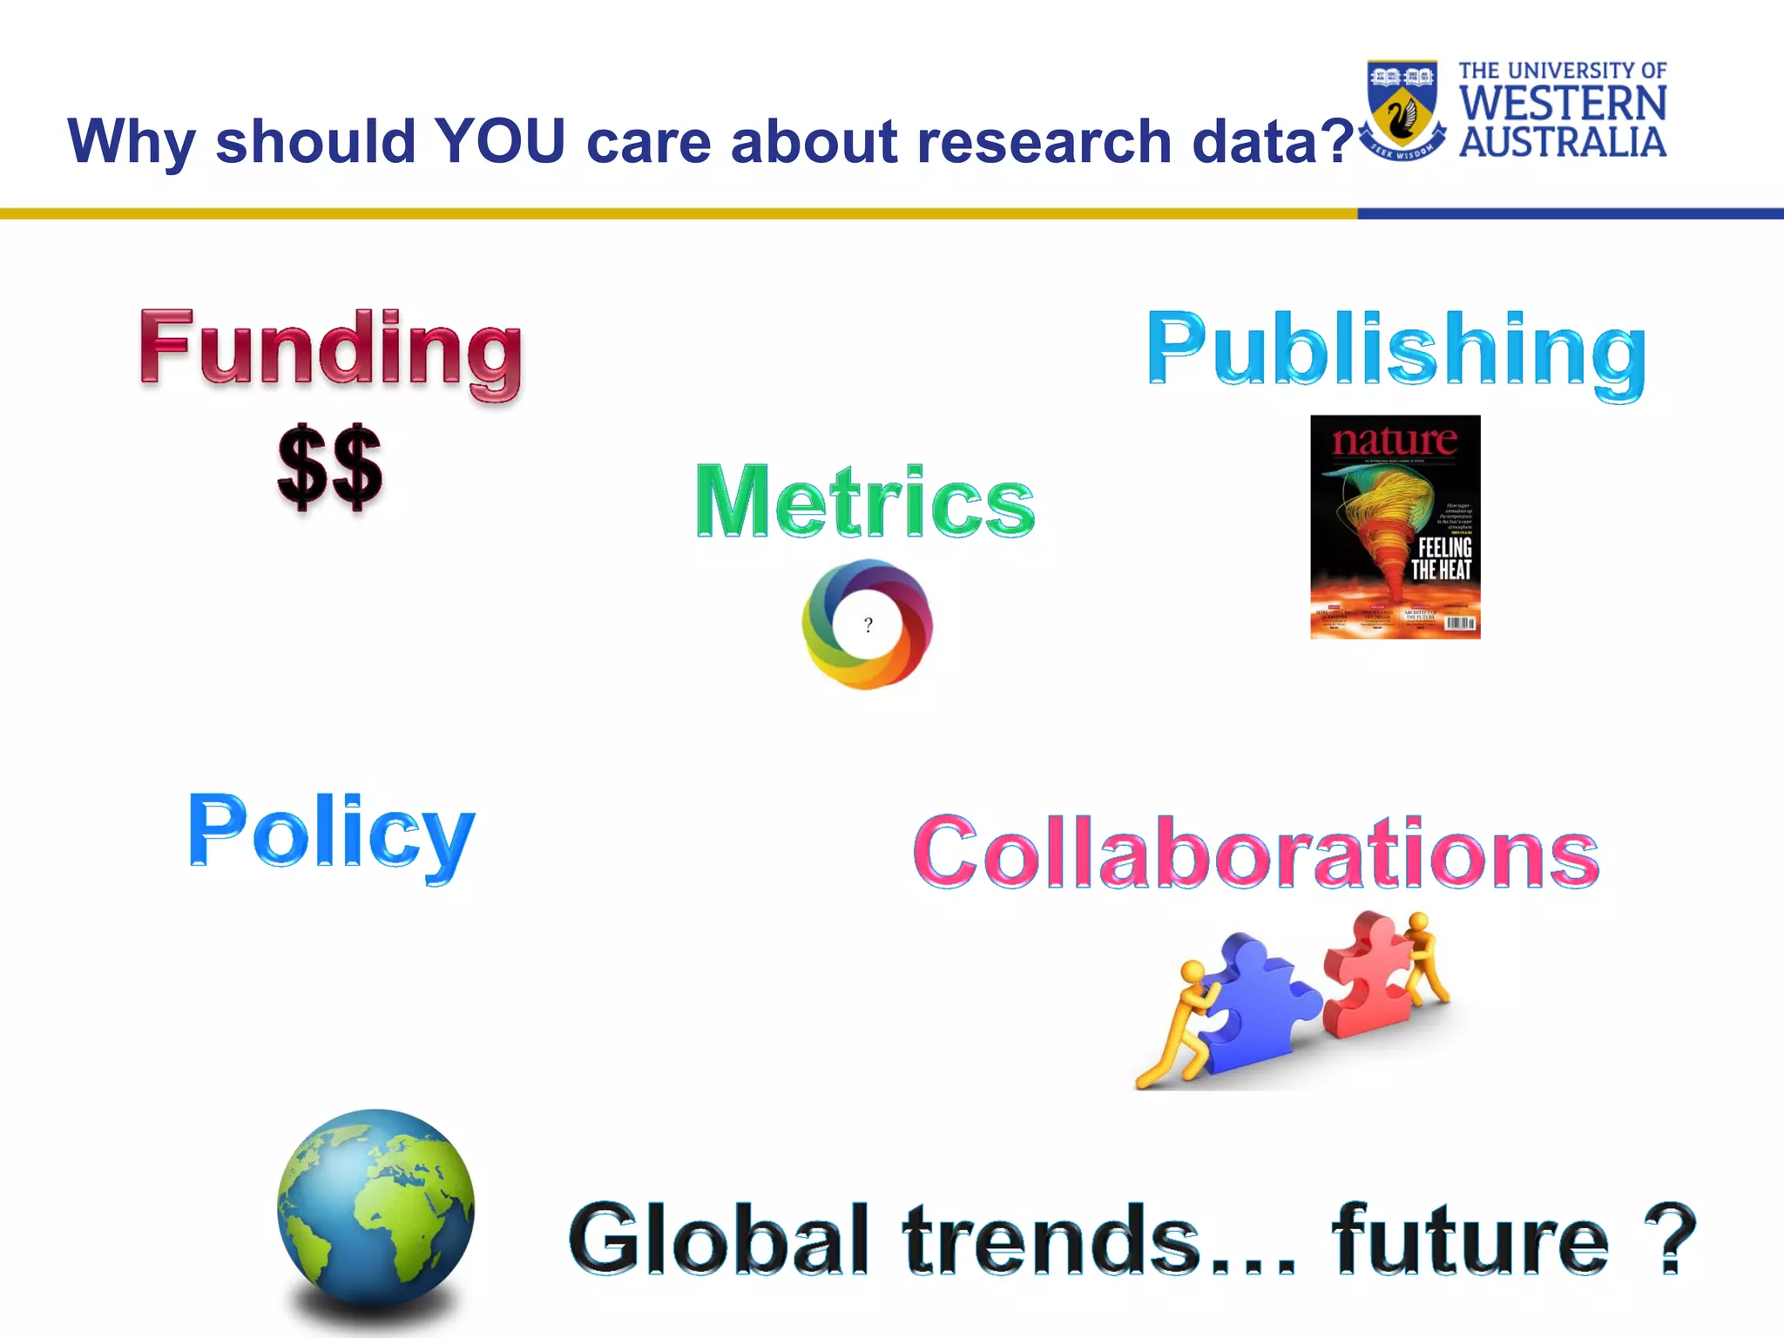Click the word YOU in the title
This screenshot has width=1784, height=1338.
click(x=501, y=141)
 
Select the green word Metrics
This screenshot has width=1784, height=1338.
click(x=865, y=502)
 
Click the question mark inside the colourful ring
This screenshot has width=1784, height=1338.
click(x=868, y=625)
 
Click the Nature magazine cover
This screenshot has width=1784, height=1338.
click(x=1395, y=527)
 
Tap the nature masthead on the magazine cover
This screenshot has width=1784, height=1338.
click(x=1394, y=442)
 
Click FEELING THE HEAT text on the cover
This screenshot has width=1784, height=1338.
click(x=1442, y=558)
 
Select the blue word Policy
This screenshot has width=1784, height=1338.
click(x=332, y=832)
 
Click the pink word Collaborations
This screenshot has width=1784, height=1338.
click(x=1256, y=853)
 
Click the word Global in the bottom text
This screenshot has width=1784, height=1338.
click(x=720, y=1238)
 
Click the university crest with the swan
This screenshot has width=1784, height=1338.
click(x=1402, y=109)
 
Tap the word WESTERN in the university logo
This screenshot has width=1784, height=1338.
click(x=1563, y=105)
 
